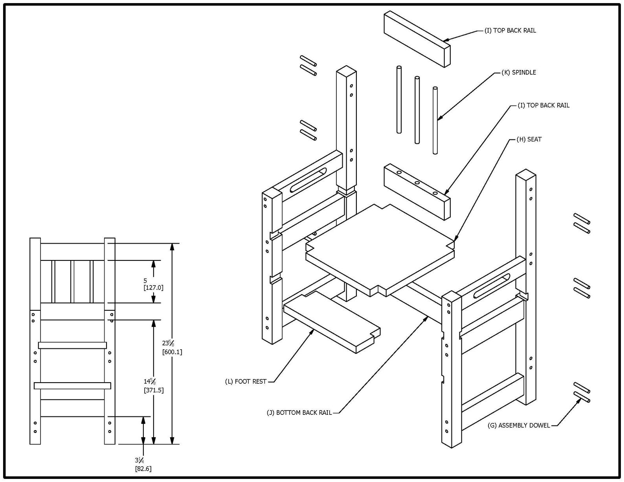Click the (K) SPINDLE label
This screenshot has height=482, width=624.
519,72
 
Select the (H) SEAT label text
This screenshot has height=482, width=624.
529,139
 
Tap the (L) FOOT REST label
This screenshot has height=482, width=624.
246,381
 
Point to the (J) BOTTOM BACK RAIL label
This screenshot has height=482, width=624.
299,413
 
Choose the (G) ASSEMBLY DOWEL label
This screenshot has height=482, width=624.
519,425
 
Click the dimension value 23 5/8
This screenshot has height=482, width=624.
168,343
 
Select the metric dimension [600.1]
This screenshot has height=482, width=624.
172,352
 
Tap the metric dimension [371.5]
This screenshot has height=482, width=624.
154,390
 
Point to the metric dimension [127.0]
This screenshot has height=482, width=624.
153,288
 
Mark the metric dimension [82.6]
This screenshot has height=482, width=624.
143,469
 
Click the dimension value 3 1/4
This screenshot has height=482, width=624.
139,460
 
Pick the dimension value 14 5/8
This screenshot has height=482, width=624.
150,381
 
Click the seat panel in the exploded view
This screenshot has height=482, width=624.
380,250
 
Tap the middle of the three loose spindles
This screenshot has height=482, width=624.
417,110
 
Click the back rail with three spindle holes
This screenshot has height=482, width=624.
417,192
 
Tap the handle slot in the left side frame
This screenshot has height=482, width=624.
308,180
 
